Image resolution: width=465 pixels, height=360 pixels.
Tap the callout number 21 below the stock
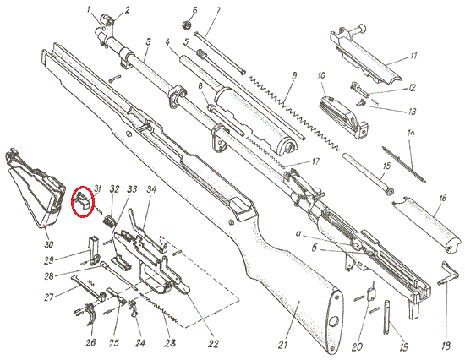283,345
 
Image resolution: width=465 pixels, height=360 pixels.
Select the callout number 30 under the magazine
49,244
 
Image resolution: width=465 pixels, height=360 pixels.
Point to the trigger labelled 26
90,314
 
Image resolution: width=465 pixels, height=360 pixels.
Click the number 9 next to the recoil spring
293,75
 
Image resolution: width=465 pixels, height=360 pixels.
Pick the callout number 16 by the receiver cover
442,198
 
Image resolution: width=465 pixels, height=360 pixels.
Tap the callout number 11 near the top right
413,56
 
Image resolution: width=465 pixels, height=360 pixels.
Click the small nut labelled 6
187,25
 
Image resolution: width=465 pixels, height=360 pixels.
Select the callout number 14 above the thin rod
411,133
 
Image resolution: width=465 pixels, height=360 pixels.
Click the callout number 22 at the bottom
213,344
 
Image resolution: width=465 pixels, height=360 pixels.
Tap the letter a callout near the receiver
298,234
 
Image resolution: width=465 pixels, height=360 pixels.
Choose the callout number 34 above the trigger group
151,189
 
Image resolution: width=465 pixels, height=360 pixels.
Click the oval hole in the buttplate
334,321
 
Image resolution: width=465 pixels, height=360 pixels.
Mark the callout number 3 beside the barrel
148,41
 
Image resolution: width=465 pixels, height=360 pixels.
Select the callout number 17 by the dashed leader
315,161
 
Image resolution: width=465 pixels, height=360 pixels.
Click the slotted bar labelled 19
386,317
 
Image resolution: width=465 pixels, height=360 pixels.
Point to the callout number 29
49,260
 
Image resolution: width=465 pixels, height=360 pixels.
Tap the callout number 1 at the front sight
89,10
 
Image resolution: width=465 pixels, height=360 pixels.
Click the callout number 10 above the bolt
321,75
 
